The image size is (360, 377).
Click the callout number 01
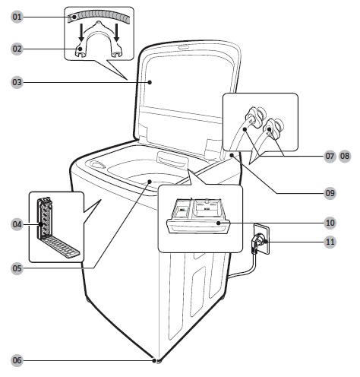(x=17, y=17)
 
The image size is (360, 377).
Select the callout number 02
(x=17, y=49)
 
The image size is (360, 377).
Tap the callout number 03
(x=17, y=82)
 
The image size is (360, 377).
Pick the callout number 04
(x=17, y=224)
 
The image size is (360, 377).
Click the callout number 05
(x=17, y=268)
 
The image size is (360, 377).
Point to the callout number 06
(x=17, y=360)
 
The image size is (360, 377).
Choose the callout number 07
(x=330, y=156)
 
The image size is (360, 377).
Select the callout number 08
(x=345, y=156)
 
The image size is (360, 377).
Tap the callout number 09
(x=330, y=193)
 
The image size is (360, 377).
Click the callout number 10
(x=330, y=223)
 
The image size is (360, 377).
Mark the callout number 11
(x=330, y=242)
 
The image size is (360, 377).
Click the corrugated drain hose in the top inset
(x=99, y=14)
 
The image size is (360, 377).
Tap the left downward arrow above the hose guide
(x=81, y=33)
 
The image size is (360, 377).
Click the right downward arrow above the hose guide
(x=116, y=33)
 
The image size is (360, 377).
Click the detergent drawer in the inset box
(x=198, y=216)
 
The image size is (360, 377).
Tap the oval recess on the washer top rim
(x=96, y=164)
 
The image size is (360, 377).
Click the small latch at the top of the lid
(x=184, y=46)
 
